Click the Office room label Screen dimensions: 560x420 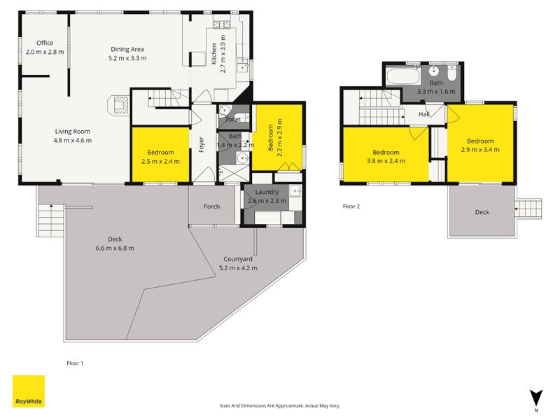click(x=45, y=43)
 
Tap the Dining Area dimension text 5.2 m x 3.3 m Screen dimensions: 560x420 click(x=127, y=58)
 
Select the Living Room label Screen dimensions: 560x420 click(x=73, y=132)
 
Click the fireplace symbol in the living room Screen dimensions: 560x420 click(x=118, y=105)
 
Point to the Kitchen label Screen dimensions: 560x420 click(x=214, y=54)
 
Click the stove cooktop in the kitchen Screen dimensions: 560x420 click(x=222, y=24)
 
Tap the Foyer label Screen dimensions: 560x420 click(x=202, y=144)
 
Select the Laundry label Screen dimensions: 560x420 click(x=267, y=192)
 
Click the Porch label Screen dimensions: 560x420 click(x=211, y=206)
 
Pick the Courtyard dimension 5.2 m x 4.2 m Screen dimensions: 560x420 click(x=238, y=268)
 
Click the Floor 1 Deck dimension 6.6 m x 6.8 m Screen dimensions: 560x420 click(x=115, y=248)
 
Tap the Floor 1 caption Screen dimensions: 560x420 click(x=75, y=363)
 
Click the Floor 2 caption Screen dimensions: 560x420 click(x=351, y=206)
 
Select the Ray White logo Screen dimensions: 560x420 click(x=29, y=391)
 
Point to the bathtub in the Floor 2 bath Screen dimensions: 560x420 click(x=403, y=76)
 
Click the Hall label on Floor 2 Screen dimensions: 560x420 click(x=424, y=114)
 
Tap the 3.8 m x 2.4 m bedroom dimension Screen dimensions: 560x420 click(x=386, y=161)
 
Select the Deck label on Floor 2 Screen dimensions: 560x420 click(x=482, y=212)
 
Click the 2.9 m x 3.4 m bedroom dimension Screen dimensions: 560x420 click(x=480, y=150)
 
